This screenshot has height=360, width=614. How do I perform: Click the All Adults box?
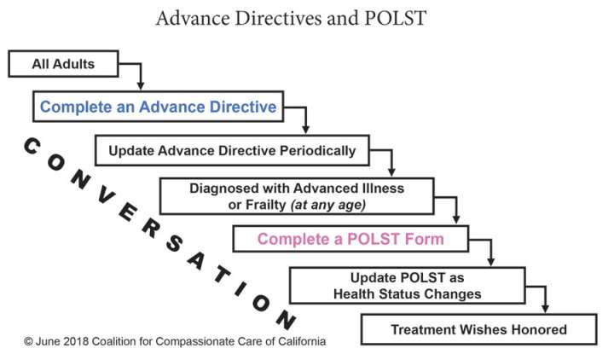point(62,63)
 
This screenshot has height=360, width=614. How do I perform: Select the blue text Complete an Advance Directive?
point(158,107)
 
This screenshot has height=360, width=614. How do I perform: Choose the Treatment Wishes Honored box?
point(478,329)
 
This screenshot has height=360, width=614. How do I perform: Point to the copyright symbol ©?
point(28,340)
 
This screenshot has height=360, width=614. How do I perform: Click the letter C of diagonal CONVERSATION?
point(30,146)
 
